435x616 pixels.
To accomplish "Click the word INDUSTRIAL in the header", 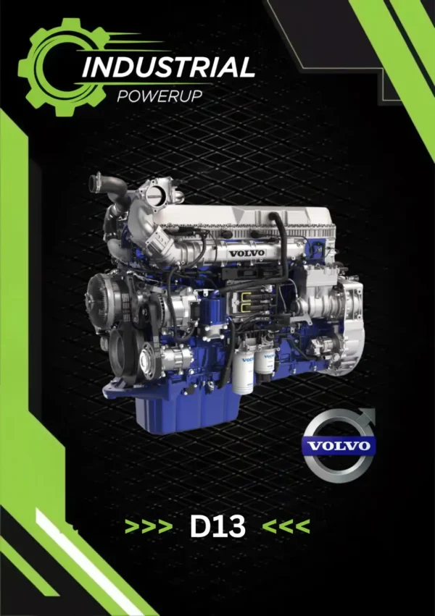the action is point(168,67).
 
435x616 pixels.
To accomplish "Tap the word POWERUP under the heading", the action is point(159,96).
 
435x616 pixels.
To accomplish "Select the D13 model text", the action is point(217,526).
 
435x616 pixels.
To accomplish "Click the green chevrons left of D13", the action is point(149,526).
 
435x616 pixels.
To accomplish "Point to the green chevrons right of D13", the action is point(286,526).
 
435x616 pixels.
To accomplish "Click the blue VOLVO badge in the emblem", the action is point(339,446).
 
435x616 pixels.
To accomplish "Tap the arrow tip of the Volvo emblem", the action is point(373,410).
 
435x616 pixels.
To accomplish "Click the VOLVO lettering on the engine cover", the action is point(247,253).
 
